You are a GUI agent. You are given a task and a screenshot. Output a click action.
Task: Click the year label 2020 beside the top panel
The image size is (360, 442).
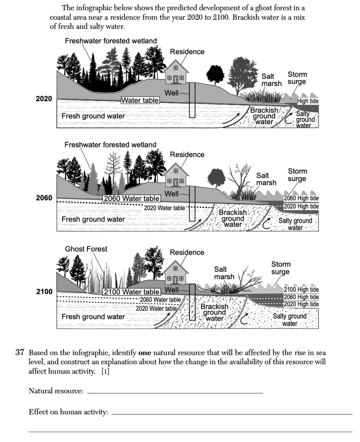tap(44, 99)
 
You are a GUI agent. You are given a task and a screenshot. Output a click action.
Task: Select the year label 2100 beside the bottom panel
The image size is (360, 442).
tap(44, 292)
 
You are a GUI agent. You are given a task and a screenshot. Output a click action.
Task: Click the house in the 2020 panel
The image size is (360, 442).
tap(176, 73)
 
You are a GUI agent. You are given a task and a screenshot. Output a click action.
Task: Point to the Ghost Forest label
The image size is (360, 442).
tap(86, 249)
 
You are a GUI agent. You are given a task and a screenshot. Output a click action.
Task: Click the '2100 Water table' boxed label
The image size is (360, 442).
tap(132, 292)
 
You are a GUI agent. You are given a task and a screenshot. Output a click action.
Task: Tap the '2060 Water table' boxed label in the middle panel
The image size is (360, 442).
tap(132, 198)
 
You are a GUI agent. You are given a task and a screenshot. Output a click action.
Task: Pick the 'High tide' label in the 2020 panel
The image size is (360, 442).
tap(308, 101)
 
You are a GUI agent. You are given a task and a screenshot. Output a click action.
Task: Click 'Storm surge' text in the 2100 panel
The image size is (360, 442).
tap(281, 268)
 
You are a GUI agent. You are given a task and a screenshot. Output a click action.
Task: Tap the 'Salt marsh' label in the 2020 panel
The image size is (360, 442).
tap(271, 80)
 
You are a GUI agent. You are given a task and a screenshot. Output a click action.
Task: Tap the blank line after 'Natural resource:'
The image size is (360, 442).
tap(175, 392)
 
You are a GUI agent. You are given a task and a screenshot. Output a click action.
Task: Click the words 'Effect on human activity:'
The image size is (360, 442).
tap(68, 411)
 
